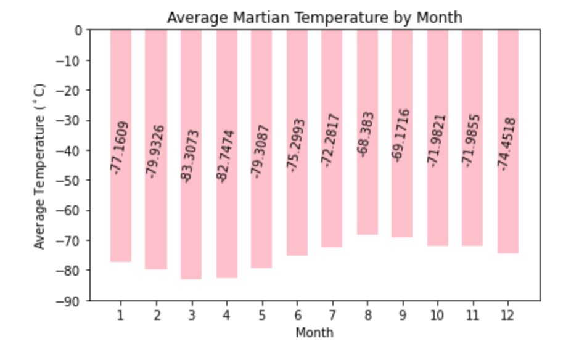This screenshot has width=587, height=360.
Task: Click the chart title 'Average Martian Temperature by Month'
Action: (314, 17)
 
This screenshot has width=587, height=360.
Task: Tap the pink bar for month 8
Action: (367, 191)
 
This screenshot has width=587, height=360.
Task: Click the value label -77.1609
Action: (121, 147)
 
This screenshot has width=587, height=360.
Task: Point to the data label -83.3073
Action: (191, 156)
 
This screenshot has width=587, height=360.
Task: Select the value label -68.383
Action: (367, 134)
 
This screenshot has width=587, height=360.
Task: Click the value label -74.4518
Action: (508, 143)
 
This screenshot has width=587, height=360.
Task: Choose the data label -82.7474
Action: (226, 156)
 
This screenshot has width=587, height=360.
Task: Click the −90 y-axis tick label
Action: (72, 301)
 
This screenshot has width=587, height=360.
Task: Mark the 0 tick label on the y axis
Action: (79, 30)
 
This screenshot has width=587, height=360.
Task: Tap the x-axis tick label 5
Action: (261, 316)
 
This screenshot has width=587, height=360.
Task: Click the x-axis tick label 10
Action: (437, 316)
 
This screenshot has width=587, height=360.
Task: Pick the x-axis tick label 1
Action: (121, 316)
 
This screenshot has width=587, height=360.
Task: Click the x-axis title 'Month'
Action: (314, 333)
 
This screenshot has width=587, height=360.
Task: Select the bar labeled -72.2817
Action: (332, 203)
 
